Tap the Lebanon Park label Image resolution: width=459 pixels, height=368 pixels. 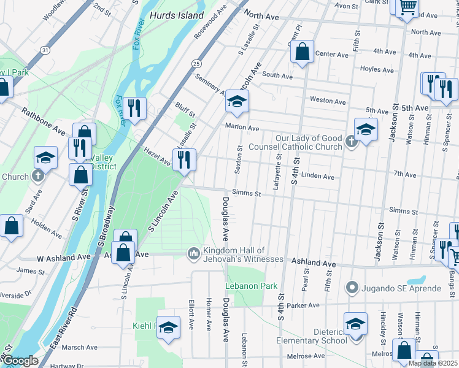[251, 286]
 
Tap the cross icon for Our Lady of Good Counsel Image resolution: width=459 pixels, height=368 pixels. [351, 142]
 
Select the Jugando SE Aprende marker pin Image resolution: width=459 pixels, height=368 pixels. [352, 286]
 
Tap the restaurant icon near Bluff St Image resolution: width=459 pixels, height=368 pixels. [135, 109]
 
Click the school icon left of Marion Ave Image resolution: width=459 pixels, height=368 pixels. [237, 102]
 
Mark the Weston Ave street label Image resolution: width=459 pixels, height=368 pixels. [328, 100]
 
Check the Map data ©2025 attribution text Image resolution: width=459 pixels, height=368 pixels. [432, 363]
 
